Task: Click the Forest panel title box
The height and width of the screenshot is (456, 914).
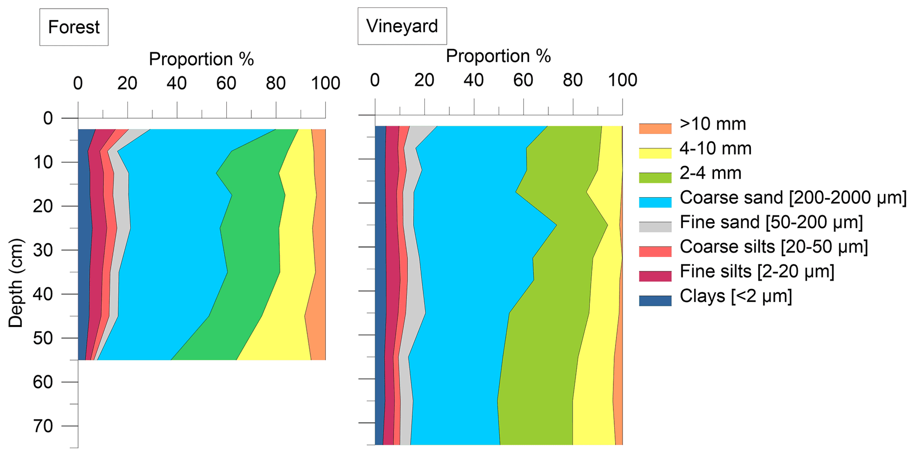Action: click(74, 27)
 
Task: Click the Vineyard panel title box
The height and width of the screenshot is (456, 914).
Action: click(402, 26)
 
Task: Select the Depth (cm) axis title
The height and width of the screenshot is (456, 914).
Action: click(16, 283)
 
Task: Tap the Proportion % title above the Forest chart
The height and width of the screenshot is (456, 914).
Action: click(201, 59)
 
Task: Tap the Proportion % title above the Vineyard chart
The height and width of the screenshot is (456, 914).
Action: click(498, 56)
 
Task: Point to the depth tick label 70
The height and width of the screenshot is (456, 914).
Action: click(42, 426)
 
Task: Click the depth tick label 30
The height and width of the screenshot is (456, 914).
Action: click(42, 250)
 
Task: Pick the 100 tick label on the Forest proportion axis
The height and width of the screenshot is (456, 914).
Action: click(325, 84)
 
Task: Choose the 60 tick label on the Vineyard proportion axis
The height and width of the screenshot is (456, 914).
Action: click(523, 80)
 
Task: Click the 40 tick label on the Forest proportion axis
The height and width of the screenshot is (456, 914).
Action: click(176, 84)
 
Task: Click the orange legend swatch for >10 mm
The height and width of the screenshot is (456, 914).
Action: click(655, 129)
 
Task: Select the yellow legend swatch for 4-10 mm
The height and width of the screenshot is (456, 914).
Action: click(655, 153)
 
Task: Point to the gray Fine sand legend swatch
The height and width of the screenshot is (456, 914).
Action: click(655, 226)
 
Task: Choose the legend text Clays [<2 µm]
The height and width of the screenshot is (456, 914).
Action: click(735, 296)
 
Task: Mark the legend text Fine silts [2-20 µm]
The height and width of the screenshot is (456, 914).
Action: click(757, 271)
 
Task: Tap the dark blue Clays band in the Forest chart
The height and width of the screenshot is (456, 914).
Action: click(84, 243)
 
